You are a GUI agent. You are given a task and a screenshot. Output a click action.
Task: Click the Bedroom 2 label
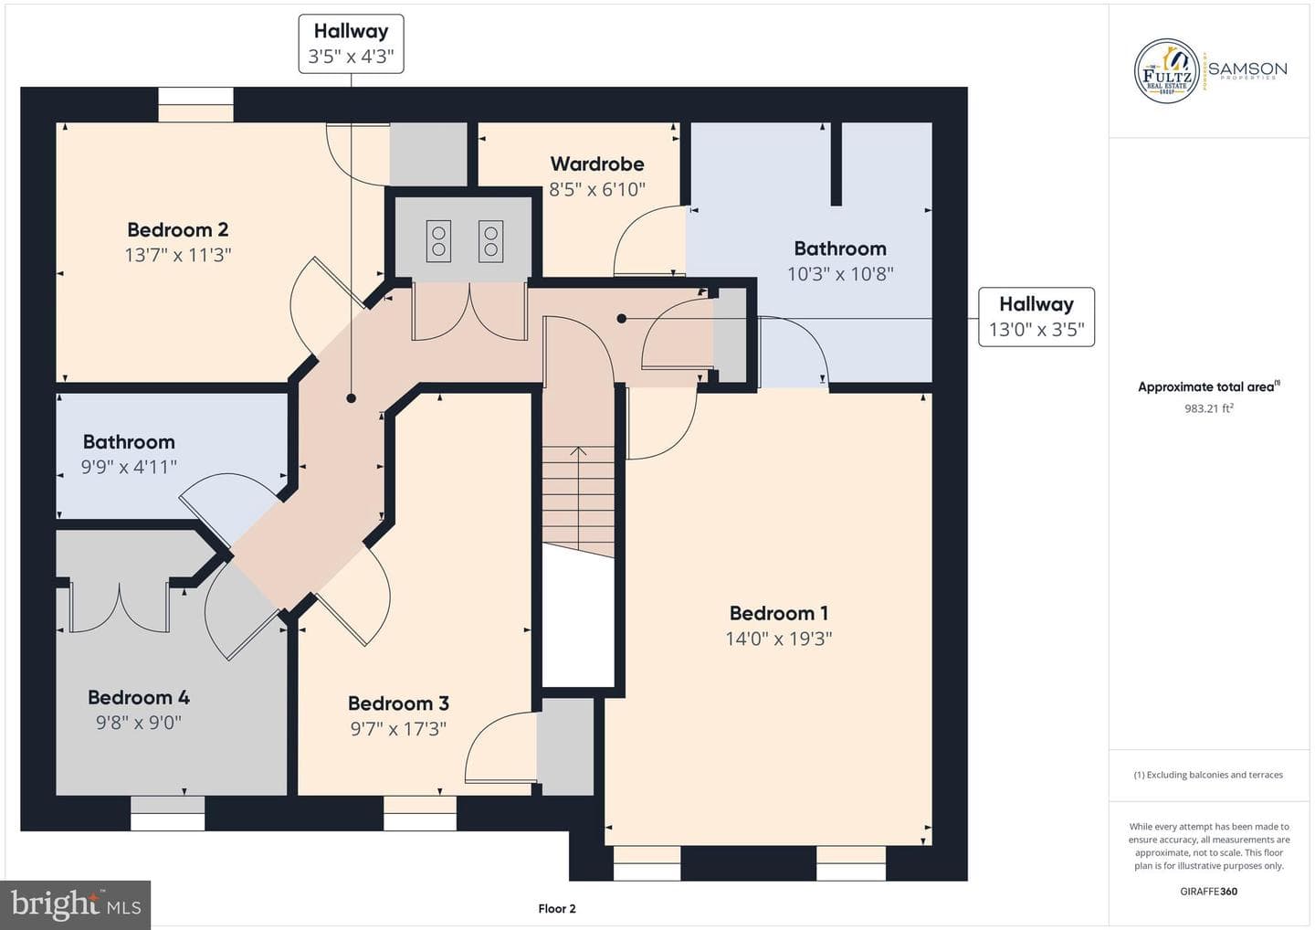[x=178, y=229]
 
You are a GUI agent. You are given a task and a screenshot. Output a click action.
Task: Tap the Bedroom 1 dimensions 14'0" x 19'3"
[x=778, y=639]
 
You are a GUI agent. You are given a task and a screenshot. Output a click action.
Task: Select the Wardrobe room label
[x=597, y=164]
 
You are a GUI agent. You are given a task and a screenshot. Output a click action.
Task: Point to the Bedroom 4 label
[x=139, y=698]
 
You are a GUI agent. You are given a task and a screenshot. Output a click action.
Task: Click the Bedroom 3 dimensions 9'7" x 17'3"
[x=398, y=729]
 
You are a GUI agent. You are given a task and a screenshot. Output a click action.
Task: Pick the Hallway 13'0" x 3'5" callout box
[x=1036, y=317]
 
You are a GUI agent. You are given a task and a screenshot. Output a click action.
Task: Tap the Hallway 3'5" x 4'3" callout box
[x=351, y=44]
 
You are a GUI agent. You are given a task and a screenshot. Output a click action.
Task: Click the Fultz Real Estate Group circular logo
[x=1166, y=71]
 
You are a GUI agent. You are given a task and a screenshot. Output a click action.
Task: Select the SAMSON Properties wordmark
[x=1247, y=70]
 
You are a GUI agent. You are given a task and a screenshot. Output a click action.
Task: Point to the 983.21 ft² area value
[x=1209, y=408]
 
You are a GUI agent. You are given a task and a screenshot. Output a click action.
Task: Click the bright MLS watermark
[x=75, y=904]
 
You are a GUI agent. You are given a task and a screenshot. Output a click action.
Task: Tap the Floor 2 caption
[x=557, y=909]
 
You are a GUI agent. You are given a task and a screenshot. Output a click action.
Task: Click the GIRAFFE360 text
[x=1209, y=892]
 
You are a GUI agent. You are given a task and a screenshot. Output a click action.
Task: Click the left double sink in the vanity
[x=438, y=241]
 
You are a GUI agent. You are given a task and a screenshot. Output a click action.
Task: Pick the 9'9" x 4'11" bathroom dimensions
[x=129, y=468]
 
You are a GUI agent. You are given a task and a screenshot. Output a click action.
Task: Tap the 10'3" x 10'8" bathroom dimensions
[x=840, y=274]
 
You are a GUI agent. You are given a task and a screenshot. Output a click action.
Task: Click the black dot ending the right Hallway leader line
[x=622, y=319]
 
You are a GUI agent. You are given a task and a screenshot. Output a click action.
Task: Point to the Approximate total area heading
[x=1209, y=386]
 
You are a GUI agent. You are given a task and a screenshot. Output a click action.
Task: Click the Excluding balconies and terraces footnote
[x=1208, y=775]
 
